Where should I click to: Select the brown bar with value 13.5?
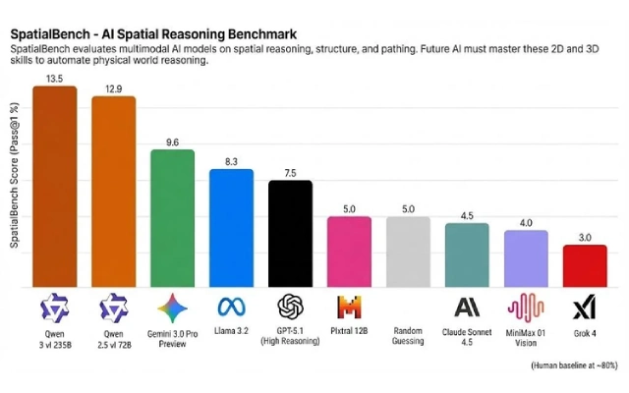pyautogui.click(x=54, y=187)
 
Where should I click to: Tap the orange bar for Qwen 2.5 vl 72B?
pyautogui.click(x=113, y=192)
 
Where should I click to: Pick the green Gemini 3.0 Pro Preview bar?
pyautogui.click(x=172, y=218)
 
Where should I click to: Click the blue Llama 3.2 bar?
pyautogui.click(x=231, y=228)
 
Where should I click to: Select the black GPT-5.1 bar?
pyautogui.click(x=290, y=234)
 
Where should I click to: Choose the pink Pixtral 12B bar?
pyautogui.click(x=349, y=252)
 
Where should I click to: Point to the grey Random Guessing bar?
pyautogui.click(x=408, y=252)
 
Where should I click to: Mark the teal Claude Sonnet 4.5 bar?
pyautogui.click(x=467, y=255)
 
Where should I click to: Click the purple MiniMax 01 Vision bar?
pyautogui.click(x=526, y=258)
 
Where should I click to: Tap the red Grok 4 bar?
pyautogui.click(x=585, y=266)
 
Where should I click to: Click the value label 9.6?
pyautogui.click(x=172, y=141)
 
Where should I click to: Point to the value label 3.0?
pyautogui.click(x=585, y=237)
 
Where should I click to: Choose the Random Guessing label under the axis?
pyautogui.click(x=408, y=335)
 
